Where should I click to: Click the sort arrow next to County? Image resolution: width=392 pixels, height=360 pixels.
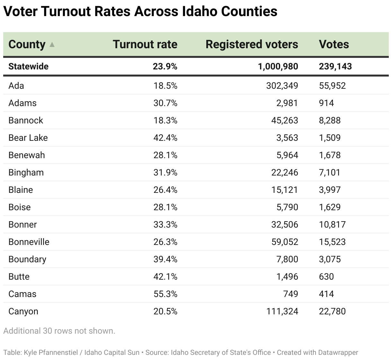(52, 45)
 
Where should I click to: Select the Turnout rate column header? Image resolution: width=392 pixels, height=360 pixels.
(145, 44)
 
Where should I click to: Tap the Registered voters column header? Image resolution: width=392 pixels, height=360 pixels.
(252, 44)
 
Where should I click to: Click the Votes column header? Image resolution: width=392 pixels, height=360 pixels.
(334, 44)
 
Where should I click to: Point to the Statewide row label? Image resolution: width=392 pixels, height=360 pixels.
(28, 67)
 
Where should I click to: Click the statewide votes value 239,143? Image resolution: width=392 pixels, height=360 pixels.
(335, 67)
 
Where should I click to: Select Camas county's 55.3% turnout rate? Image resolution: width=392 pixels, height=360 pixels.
(165, 294)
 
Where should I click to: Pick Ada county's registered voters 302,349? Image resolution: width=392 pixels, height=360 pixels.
(282, 86)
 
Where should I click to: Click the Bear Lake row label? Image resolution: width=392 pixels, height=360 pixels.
(28, 138)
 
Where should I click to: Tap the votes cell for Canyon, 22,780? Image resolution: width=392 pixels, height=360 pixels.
(332, 311)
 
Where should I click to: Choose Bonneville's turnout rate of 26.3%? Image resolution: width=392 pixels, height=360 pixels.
(165, 242)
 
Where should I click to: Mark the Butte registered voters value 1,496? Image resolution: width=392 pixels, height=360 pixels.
(287, 277)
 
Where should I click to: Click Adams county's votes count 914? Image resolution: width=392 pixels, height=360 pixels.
(326, 103)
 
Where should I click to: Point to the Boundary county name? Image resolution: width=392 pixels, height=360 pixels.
(27, 259)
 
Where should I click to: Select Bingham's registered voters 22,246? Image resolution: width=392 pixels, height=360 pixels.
(284, 173)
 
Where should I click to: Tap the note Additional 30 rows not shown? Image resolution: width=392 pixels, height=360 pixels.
(59, 331)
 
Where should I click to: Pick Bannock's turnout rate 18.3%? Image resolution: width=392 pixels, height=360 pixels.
(165, 121)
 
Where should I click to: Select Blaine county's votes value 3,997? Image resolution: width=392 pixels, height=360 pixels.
(330, 190)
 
